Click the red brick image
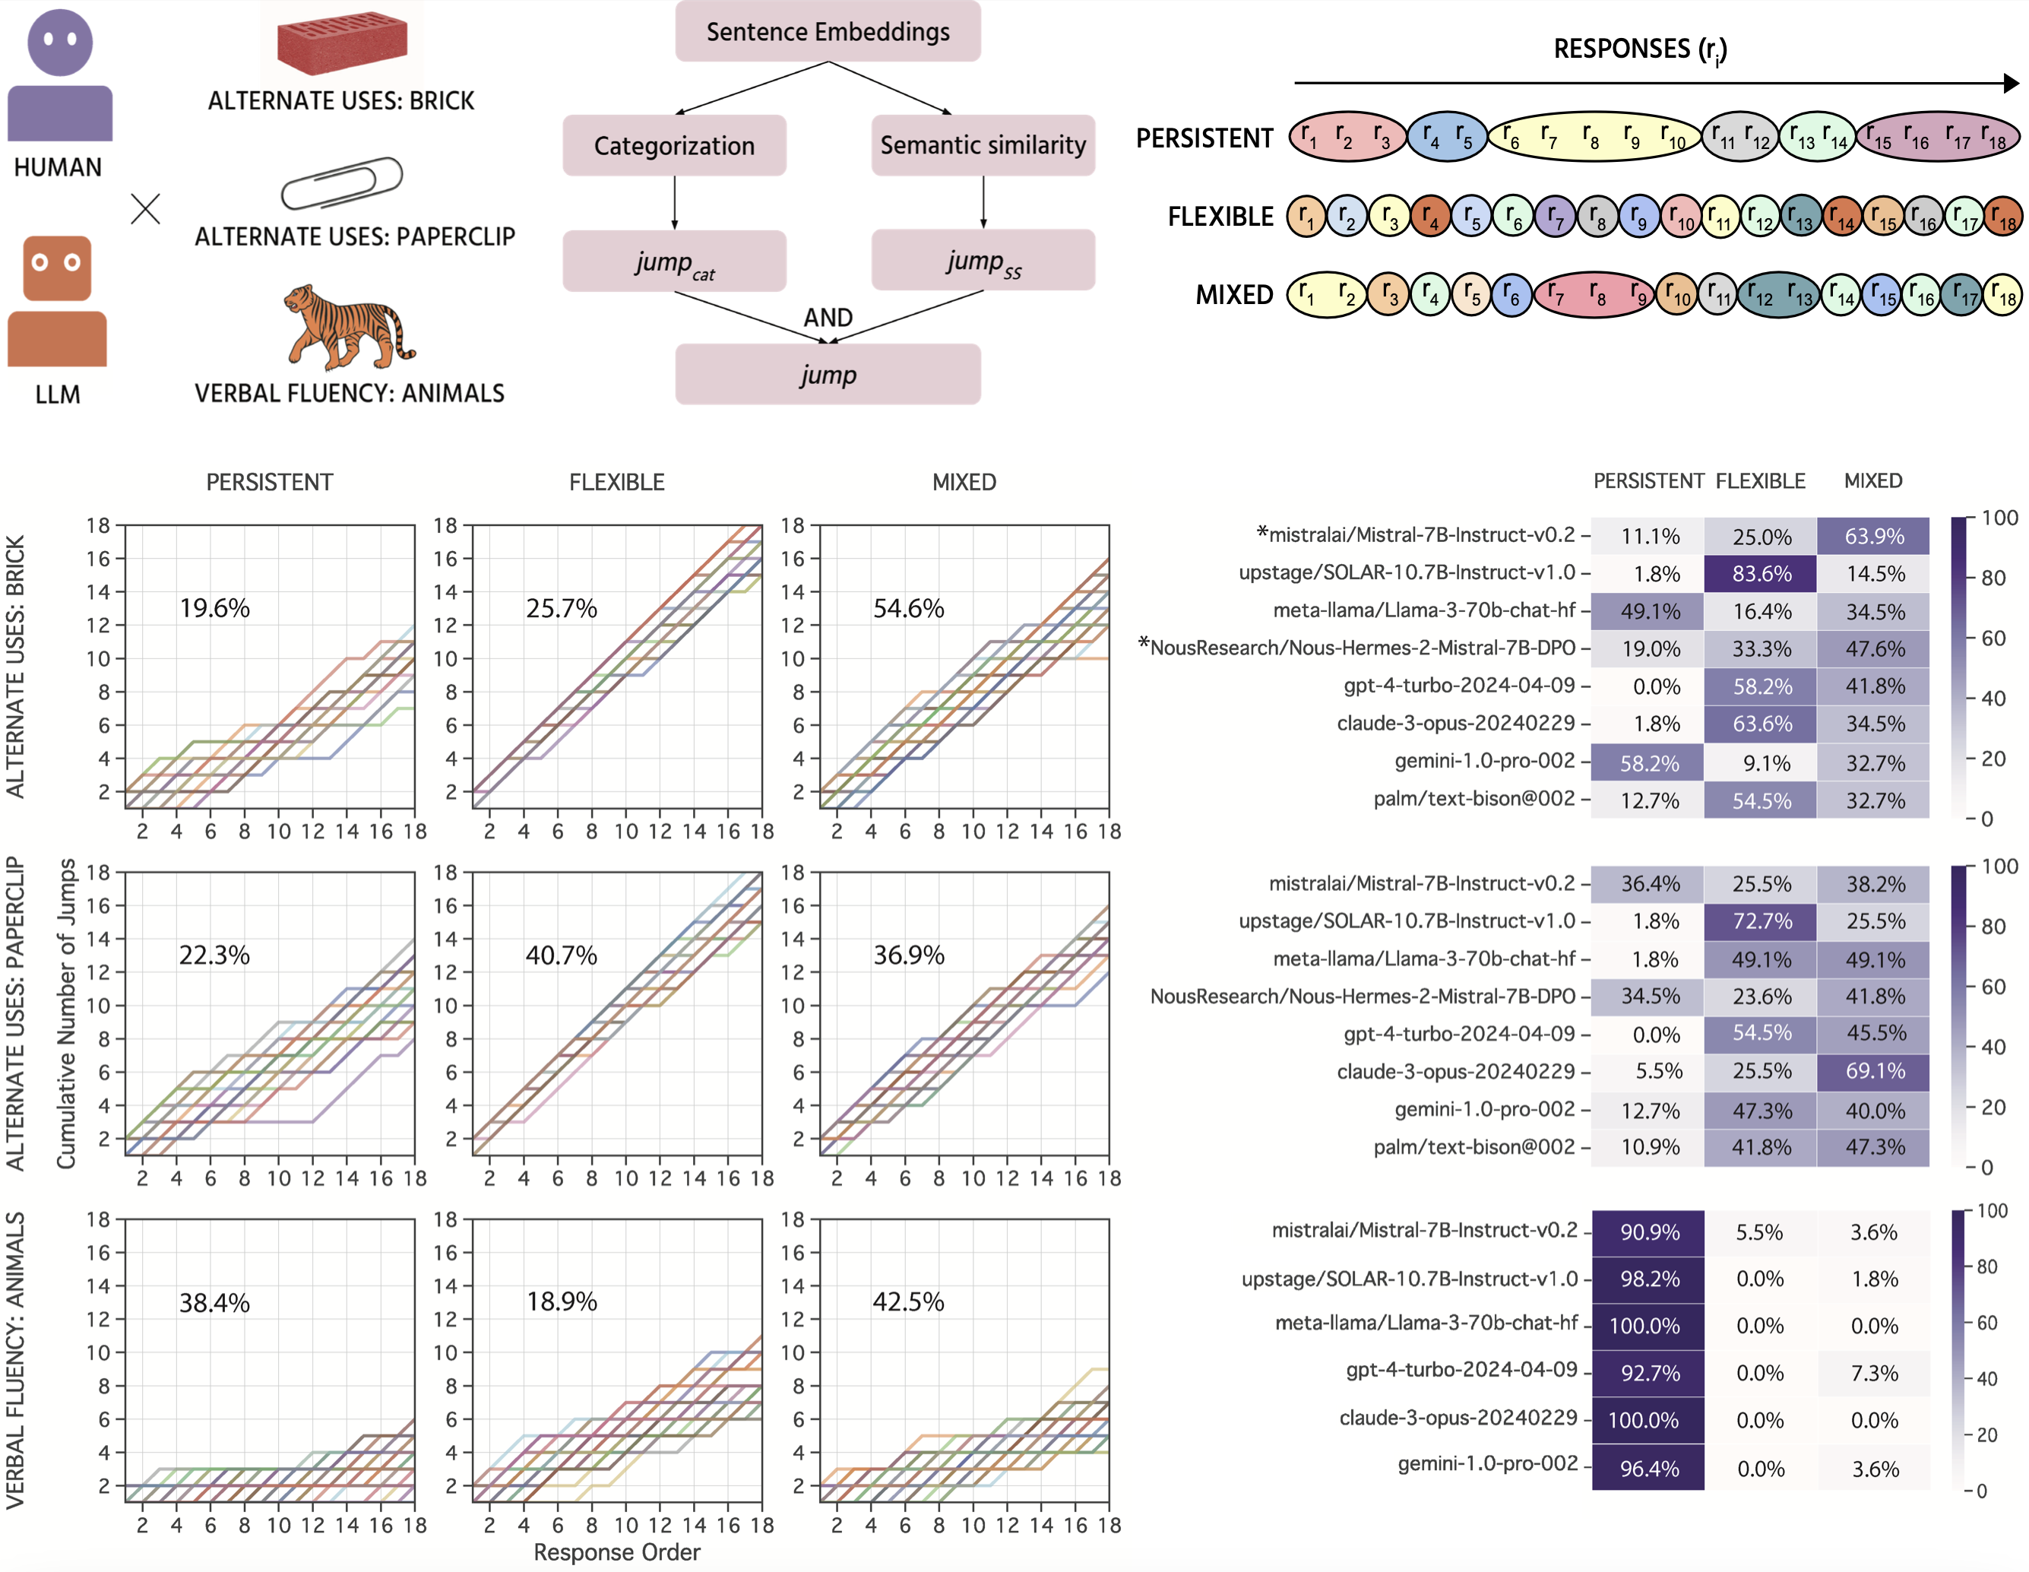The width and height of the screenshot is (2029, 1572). coord(342,42)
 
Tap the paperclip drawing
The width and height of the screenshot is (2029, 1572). coord(342,182)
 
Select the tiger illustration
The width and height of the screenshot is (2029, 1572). coord(348,327)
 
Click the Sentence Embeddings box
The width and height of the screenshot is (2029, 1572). coord(827,32)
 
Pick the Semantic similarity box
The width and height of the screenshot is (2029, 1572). coord(983,145)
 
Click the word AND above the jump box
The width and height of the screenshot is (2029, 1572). coord(828,318)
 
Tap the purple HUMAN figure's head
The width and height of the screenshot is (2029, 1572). coord(60,43)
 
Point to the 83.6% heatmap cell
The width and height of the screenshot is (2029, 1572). coord(1761,574)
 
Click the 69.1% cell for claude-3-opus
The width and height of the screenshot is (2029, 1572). coord(1874,1071)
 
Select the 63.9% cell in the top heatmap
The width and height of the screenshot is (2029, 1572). coord(1874,536)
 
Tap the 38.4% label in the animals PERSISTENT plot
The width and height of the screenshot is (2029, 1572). coord(214,1303)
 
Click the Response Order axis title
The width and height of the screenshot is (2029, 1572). coord(617,1552)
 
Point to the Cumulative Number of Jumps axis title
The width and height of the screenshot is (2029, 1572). coord(66,1013)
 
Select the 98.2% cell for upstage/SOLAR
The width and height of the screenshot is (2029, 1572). coord(1649,1279)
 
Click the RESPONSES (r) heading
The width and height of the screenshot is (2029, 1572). coord(1641,49)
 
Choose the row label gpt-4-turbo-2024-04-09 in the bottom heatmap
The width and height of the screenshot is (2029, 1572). coord(1461,1370)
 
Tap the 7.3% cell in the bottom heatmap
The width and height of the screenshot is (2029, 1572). coord(1874,1373)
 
